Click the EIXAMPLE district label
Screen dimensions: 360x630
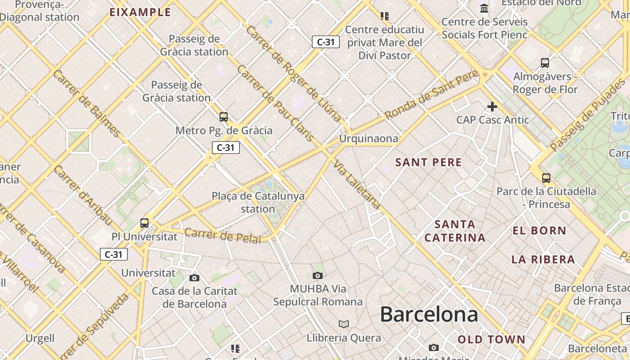coord(140,12)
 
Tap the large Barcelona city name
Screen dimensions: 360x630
coord(429,314)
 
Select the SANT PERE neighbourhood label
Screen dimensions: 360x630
coord(428,162)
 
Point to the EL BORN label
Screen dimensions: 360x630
coord(540,231)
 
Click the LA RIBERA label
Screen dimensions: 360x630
coord(543,259)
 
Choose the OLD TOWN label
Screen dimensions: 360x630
coord(491,339)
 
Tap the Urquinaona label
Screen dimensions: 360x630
coord(369,139)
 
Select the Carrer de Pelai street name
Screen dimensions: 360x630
coord(222,236)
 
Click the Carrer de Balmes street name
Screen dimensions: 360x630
coord(86,103)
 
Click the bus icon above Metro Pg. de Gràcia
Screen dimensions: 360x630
coord(224,117)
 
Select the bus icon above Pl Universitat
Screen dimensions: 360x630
coord(144,223)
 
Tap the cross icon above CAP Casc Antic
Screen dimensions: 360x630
coord(492,107)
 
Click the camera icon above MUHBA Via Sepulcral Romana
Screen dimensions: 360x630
coord(318,275)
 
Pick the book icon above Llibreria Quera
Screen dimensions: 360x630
coord(344,324)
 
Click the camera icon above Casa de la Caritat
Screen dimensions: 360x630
coord(194,278)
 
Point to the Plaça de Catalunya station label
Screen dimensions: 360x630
coord(258,202)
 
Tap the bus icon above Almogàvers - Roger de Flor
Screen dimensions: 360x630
coord(545,63)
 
